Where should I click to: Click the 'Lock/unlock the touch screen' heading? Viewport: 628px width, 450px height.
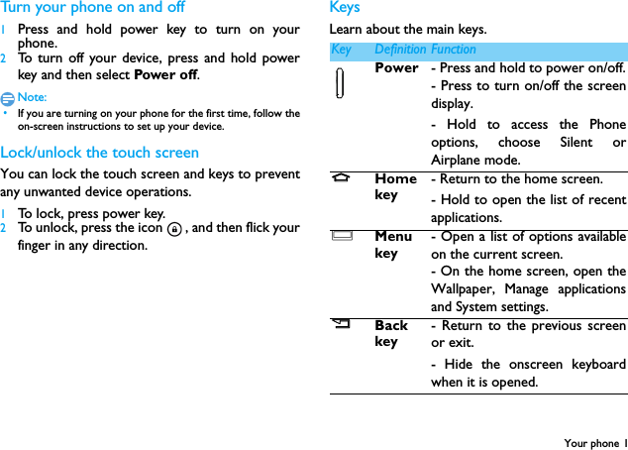[x=100, y=153]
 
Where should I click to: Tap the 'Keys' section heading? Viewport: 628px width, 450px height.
[x=345, y=8]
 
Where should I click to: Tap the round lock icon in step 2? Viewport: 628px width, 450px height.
[x=174, y=229]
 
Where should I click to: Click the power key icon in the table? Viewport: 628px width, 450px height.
[x=340, y=82]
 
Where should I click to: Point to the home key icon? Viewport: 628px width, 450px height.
[x=341, y=179]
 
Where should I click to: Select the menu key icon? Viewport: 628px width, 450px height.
[x=341, y=237]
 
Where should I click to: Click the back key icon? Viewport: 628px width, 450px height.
[x=341, y=325]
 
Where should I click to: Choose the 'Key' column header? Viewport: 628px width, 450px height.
[x=341, y=50]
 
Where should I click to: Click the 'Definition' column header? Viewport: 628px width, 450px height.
[x=400, y=50]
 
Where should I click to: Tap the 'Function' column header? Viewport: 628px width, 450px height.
[x=454, y=50]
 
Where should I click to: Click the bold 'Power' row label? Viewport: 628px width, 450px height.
[x=396, y=68]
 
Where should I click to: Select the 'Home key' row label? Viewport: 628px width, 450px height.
[x=395, y=187]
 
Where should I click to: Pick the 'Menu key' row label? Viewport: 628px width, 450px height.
[x=393, y=245]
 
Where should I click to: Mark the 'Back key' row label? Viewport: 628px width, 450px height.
[x=391, y=333]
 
